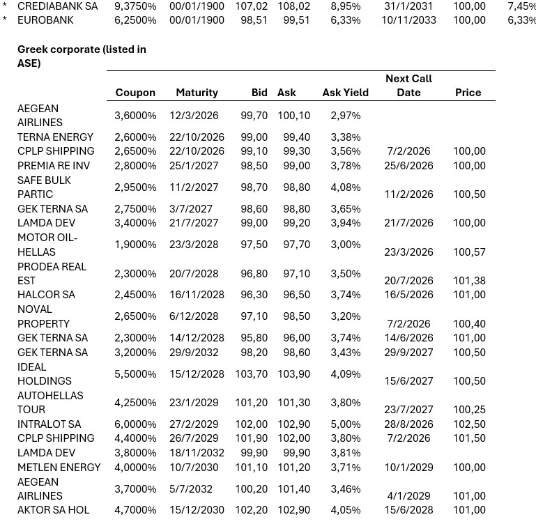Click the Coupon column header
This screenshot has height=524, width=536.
click(x=135, y=93)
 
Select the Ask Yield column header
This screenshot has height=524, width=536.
click(x=345, y=93)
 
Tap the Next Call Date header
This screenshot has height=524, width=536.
click(x=408, y=85)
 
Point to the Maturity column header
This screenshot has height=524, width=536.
click(x=197, y=93)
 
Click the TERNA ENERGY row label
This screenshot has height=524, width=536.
click(x=55, y=137)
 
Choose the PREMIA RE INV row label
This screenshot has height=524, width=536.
click(x=54, y=166)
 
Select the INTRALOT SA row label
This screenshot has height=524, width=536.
click(x=49, y=424)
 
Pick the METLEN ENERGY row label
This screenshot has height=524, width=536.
click(x=59, y=468)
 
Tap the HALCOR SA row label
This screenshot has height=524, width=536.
click(x=46, y=295)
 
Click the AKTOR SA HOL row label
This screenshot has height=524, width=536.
click(x=53, y=510)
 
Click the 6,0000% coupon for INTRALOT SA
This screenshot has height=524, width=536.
click(x=135, y=424)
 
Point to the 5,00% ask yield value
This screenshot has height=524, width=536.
click(x=346, y=424)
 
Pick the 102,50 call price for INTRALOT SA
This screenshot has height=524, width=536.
click(x=469, y=424)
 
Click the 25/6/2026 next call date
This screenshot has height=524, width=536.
click(x=408, y=166)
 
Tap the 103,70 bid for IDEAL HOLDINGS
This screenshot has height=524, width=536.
click(x=254, y=374)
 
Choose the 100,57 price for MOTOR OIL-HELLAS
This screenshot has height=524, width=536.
click(x=469, y=252)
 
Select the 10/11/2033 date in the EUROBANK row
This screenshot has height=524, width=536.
click(x=408, y=20)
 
